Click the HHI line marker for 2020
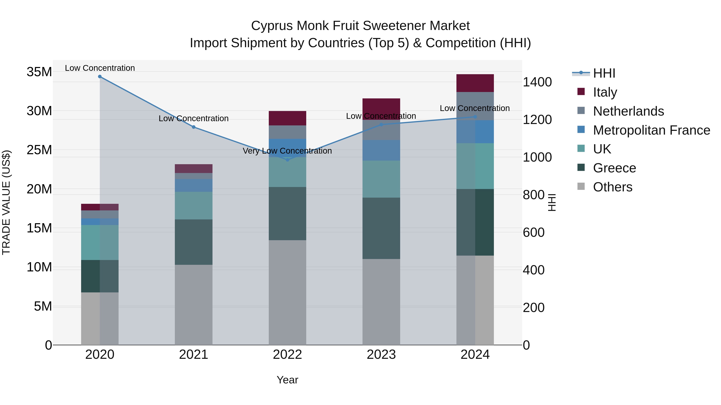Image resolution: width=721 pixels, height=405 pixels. coord(100,77)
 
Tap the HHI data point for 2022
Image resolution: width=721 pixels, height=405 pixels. coord(287,160)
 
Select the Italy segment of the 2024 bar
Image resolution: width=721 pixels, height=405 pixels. coord(475,83)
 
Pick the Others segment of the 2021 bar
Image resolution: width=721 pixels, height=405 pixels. coord(193,305)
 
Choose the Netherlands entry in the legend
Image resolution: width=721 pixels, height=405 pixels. coord(628,111)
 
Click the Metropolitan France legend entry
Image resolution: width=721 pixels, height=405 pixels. coord(651,130)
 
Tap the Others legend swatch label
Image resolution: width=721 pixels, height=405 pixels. coord(612,187)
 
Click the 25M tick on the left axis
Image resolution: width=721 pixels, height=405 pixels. coord(39,150)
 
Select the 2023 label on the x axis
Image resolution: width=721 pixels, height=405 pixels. coord(381,355)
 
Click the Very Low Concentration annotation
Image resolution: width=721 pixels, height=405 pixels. coord(287,151)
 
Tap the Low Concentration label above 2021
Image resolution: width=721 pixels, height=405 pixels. coord(193,119)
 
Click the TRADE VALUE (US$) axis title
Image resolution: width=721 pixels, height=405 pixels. coord(6,202)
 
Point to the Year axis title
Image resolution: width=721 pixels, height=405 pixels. coord(287,380)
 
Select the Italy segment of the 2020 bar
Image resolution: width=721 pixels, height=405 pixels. coord(100,207)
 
